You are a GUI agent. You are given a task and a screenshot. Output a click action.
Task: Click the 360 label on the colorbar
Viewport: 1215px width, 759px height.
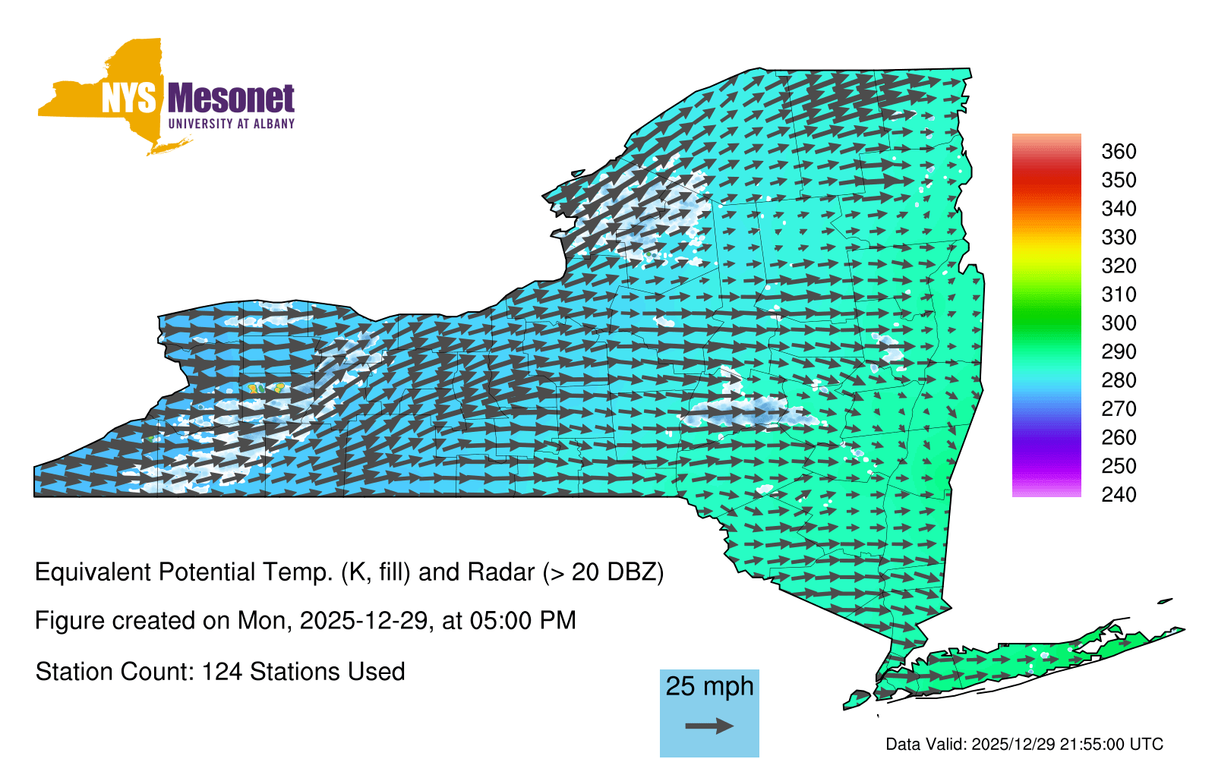[1119, 151]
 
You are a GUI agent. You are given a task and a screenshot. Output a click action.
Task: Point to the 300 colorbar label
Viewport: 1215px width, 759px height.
[1119, 323]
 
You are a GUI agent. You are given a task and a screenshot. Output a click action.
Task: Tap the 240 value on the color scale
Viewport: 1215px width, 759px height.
[1119, 494]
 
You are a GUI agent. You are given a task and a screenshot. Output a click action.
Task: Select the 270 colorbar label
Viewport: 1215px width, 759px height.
[1119, 409]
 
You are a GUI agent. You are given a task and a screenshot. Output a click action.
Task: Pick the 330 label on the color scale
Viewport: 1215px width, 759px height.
[1119, 237]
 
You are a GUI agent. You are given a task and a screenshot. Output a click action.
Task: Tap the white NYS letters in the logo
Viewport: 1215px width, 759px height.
[128, 98]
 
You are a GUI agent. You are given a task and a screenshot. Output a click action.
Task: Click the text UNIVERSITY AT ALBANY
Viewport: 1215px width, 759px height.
[231, 124]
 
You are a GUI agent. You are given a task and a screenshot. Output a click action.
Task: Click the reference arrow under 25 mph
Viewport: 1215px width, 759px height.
[709, 726]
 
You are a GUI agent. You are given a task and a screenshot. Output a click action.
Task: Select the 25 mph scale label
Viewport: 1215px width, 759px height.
[709, 686]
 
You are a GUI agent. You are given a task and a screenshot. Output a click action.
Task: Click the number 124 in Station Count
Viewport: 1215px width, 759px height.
[221, 672]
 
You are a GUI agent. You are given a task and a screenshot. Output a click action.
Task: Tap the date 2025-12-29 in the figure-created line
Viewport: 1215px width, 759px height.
[364, 621]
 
